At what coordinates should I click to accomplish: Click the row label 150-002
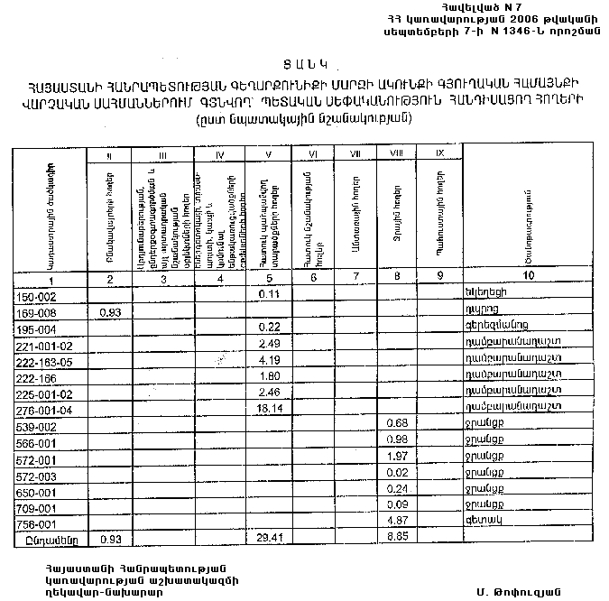pyautogui.click(x=37, y=294)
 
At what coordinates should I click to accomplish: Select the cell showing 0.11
pyautogui.click(x=266, y=294)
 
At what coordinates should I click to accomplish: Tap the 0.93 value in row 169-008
pyautogui.click(x=110, y=311)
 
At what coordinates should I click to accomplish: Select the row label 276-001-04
pyautogui.click(x=43, y=410)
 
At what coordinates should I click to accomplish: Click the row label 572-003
pyautogui.click(x=37, y=475)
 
